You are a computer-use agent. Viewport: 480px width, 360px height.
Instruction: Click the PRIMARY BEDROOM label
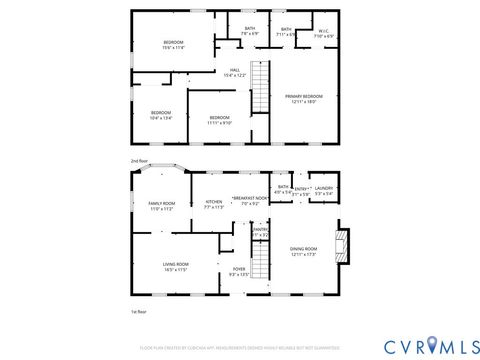coord(304,99)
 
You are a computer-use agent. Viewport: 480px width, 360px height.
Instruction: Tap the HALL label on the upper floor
coord(235,72)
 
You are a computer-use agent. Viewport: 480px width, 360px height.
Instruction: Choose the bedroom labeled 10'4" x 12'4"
coord(161,116)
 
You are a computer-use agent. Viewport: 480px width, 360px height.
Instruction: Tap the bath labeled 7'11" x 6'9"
coord(286,33)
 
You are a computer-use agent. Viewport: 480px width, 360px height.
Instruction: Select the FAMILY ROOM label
coord(162,206)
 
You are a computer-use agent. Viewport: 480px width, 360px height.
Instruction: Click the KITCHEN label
coord(214,205)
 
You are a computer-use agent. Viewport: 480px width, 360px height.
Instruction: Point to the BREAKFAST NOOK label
coord(250,201)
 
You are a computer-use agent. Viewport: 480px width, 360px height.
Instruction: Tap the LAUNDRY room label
coord(323,190)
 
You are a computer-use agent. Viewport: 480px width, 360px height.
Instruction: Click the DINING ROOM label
coord(303,252)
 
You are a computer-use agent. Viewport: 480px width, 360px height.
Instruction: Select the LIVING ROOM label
coord(176,267)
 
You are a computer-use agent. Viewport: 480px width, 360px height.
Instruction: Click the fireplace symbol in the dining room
coord(345,245)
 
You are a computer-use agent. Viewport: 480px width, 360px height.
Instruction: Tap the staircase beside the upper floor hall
coord(260,87)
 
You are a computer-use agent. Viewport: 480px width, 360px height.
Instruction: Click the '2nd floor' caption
coord(138,160)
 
